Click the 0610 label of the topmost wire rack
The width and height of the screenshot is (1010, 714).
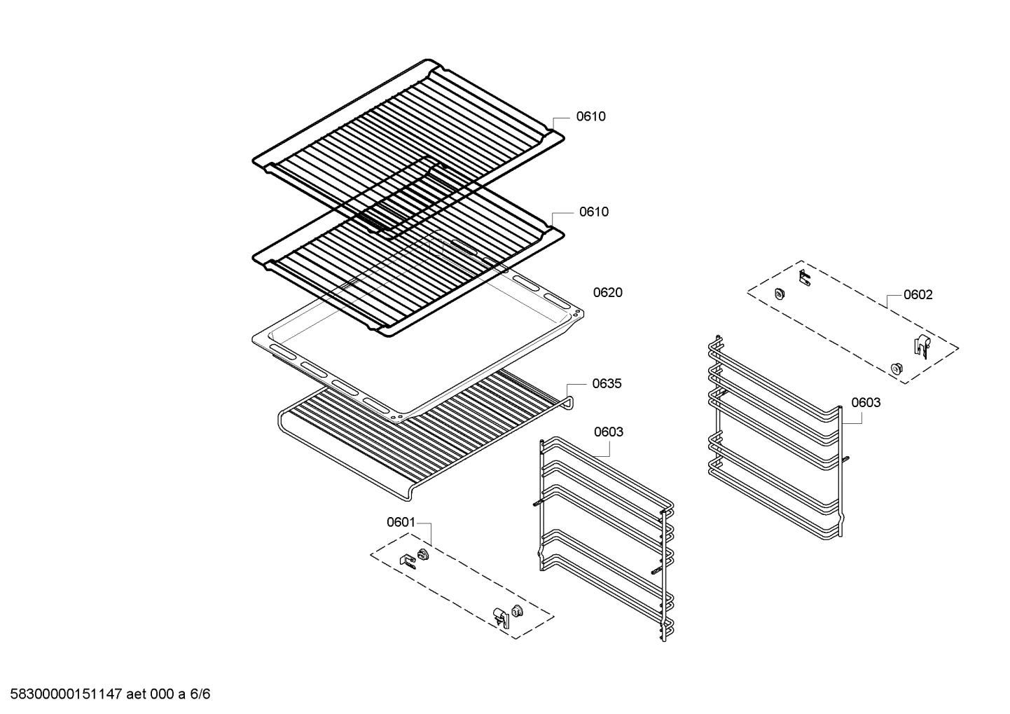pos(590,117)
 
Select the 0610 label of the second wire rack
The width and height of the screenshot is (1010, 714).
pos(594,212)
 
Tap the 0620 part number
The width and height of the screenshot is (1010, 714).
pos(608,293)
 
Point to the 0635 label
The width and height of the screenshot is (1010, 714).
pos(607,384)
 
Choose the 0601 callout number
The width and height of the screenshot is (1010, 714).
pos(401,522)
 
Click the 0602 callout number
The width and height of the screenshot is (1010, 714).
pos(918,295)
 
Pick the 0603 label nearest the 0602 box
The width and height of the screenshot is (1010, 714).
pos(866,402)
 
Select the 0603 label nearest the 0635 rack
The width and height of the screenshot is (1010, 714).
pos(609,432)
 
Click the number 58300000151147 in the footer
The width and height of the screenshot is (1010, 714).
pos(67,694)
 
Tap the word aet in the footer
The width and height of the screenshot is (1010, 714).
pos(137,694)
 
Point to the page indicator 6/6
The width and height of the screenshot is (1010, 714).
pos(200,694)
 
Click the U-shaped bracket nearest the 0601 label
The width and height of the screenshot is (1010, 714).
pos(408,561)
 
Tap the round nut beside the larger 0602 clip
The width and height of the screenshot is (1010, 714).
pos(897,368)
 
